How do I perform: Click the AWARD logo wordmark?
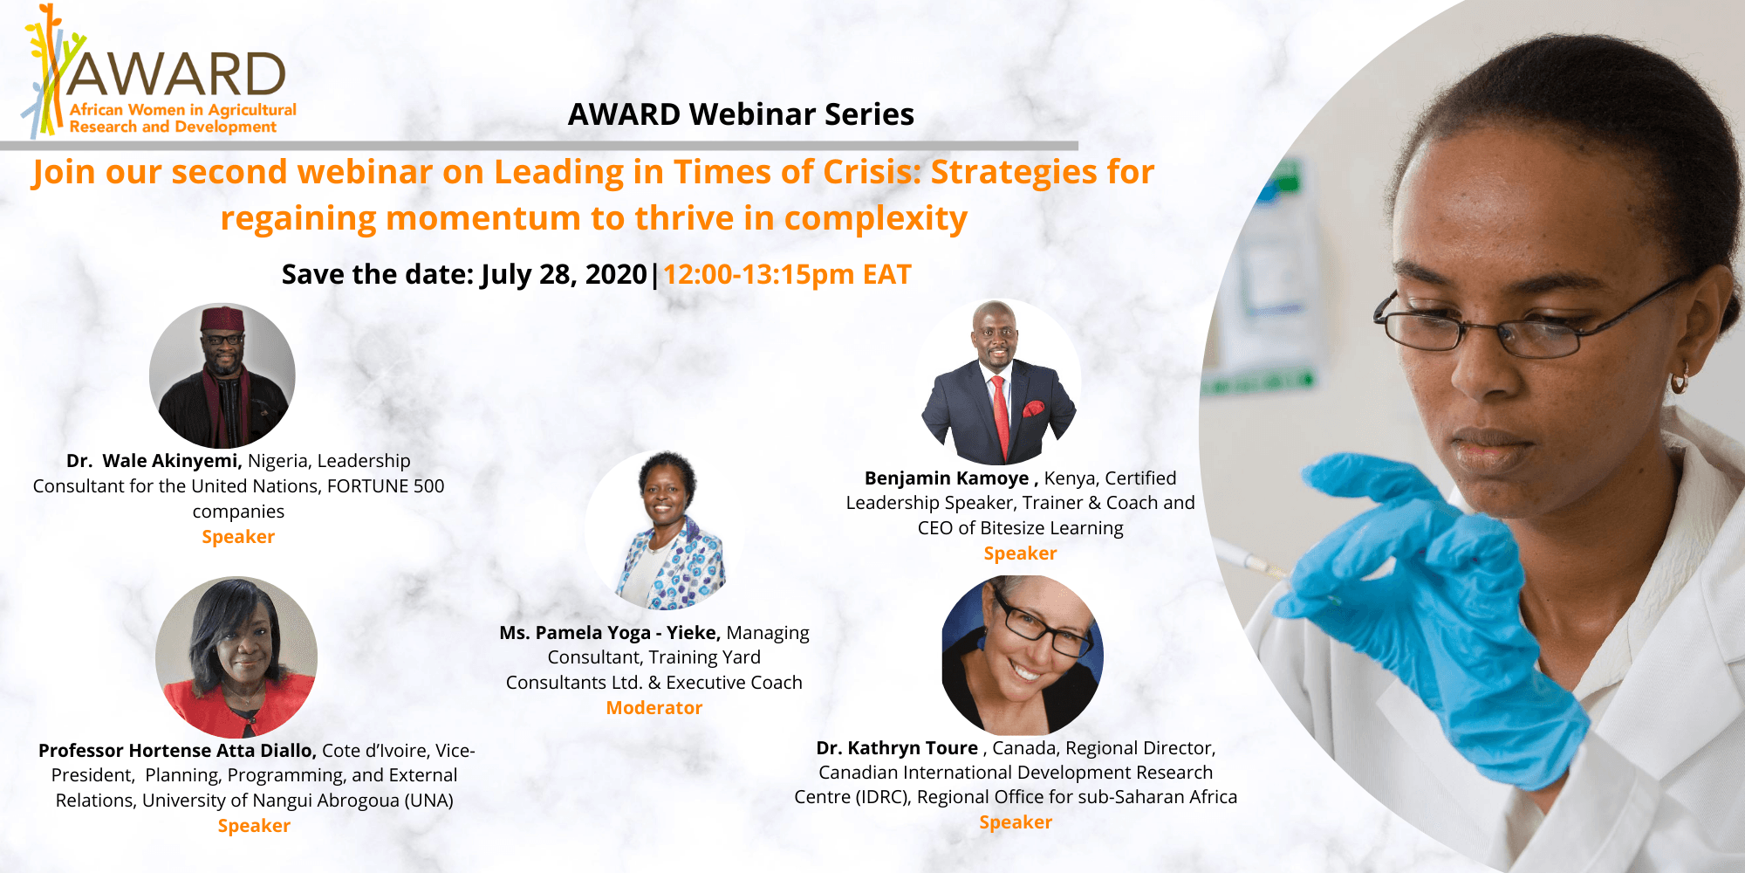175,74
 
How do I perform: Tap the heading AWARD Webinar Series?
741,114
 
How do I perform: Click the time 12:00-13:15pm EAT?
787,274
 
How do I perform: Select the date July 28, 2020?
564,274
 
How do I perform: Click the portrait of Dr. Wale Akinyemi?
222,375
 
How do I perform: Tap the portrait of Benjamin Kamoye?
1000,382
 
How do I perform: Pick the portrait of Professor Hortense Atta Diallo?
236,656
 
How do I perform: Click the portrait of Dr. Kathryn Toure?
1023,655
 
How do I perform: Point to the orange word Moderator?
654,707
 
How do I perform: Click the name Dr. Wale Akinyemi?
154,461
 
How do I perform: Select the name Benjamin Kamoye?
947,478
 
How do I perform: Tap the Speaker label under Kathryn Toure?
1016,822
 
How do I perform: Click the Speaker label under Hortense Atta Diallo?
254,826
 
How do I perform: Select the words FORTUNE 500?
386,486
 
